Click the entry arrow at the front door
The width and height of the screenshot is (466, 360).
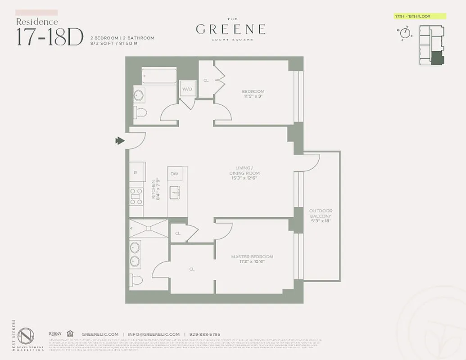pyautogui.click(x=120, y=141)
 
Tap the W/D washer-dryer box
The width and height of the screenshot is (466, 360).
pyautogui.click(x=187, y=89)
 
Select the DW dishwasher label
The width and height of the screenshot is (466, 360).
pyautogui.click(x=174, y=173)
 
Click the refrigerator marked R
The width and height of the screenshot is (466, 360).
pyautogui.click(x=137, y=172)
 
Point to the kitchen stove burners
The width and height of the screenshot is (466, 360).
pyautogui.click(x=136, y=196)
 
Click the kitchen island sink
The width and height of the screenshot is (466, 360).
pyautogui.click(x=175, y=193)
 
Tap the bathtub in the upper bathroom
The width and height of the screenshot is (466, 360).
pyautogui.click(x=159, y=76)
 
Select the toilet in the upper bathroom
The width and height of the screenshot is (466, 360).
pyautogui.click(x=140, y=112)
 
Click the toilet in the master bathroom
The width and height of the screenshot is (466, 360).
pyautogui.click(x=137, y=280)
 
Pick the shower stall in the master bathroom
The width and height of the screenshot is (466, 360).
pyautogui.click(x=149, y=229)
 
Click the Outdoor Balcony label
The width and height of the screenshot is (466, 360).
pyautogui.click(x=321, y=216)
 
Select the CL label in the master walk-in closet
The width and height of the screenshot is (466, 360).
pyautogui.click(x=192, y=269)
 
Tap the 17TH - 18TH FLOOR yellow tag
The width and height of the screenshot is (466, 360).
pyautogui.click(x=419, y=17)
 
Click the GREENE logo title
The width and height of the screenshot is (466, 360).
pyautogui.click(x=231, y=30)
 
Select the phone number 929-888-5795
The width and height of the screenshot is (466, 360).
pyautogui.click(x=205, y=334)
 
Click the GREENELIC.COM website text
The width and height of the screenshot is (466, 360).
pyautogui.click(x=100, y=334)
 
